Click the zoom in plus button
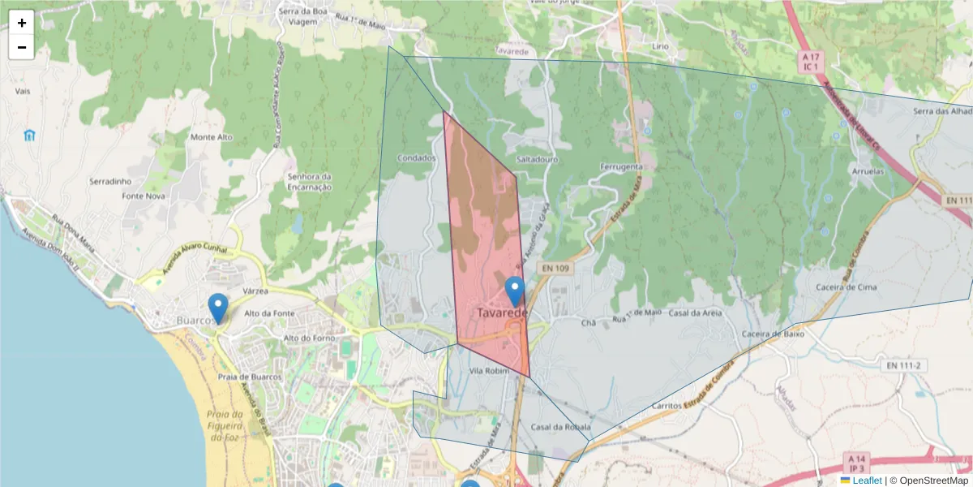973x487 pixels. pos(22,23)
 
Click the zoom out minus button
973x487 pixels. pos(22,47)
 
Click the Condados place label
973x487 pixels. pos(417,158)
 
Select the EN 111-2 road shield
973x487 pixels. pos(902,366)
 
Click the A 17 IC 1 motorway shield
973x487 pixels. pos(810,62)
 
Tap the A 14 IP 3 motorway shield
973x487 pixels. pos(856,463)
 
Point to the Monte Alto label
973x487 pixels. pos(211,137)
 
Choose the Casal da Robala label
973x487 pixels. pos(560,427)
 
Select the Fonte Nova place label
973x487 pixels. pos(144,196)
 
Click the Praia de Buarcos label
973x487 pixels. pos(250,377)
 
